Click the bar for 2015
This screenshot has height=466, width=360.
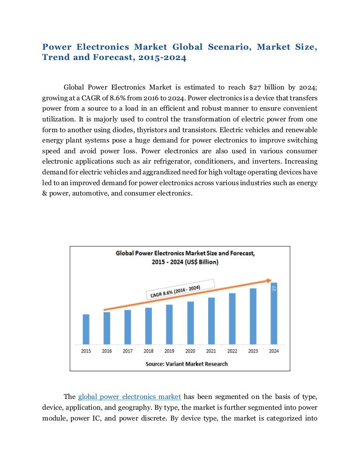pyautogui.click(x=86, y=329)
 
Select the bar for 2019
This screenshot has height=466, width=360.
pyautogui.click(x=169, y=324)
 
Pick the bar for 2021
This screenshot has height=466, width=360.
pyautogui.click(x=211, y=321)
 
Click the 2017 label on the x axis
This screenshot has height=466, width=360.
pyautogui.click(x=127, y=351)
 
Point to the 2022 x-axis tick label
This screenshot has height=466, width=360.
pyautogui.click(x=232, y=351)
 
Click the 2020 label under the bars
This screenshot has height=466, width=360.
pyautogui.click(x=190, y=351)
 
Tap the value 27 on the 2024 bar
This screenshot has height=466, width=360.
pyautogui.click(x=274, y=290)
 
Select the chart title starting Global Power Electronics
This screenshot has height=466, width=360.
pyautogui.click(x=185, y=257)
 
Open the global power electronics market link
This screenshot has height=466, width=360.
pyautogui.click(x=129, y=397)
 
